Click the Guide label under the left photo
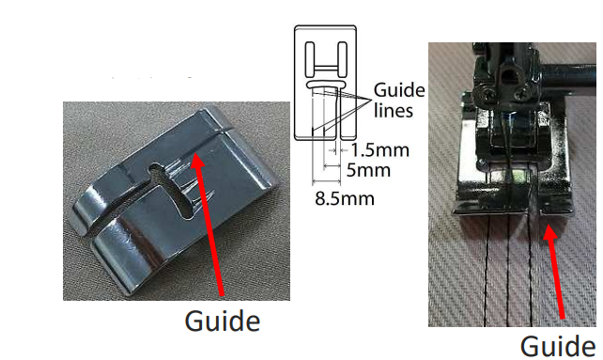click(x=221, y=321)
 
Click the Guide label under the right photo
click(x=557, y=344)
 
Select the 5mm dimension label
click(x=368, y=170)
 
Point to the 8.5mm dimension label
click(x=344, y=198)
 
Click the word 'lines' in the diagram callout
click(x=392, y=110)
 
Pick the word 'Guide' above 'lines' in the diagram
click(x=398, y=91)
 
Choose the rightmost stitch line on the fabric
click(x=533, y=282)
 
